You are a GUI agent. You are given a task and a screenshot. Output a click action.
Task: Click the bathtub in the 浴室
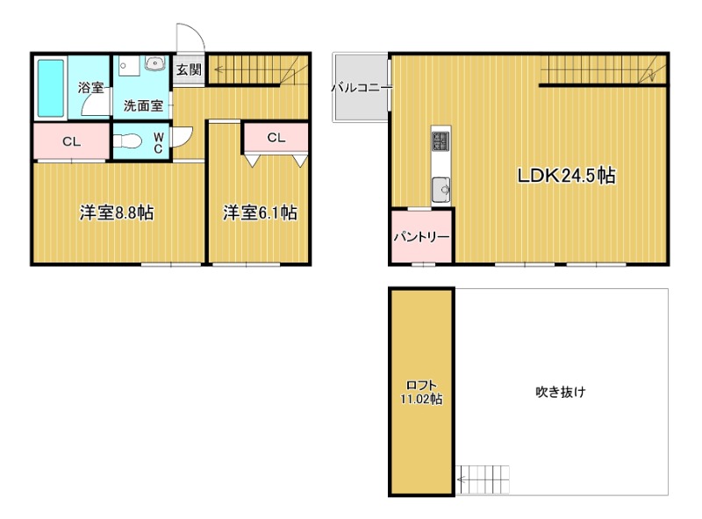click(x=51, y=89)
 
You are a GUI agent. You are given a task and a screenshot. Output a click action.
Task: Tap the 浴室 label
click(x=90, y=88)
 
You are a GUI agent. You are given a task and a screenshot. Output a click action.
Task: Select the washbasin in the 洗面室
click(x=155, y=63)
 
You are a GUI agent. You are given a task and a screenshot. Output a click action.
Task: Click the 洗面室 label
click(x=143, y=105)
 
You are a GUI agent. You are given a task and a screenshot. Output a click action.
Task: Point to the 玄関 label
click(x=189, y=69)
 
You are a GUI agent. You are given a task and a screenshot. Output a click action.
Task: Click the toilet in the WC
click(x=127, y=141)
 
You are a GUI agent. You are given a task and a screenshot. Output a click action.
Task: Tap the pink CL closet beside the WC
click(x=72, y=141)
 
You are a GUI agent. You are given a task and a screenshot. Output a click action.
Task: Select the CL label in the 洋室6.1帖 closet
click(x=276, y=138)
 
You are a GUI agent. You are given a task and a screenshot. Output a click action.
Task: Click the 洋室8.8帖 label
click(x=117, y=213)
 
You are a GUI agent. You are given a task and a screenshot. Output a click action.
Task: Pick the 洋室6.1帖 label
click(x=260, y=213)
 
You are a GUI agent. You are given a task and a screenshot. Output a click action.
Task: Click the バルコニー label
click(x=362, y=88)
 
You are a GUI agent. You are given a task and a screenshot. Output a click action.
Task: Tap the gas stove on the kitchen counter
click(x=441, y=141)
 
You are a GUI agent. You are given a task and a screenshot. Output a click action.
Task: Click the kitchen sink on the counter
click(x=441, y=190)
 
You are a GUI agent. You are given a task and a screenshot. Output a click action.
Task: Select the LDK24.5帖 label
click(x=566, y=176)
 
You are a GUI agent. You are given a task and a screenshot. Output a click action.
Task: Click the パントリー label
click(x=421, y=236)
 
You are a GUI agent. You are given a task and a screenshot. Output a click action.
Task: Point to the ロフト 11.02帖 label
click(x=421, y=393)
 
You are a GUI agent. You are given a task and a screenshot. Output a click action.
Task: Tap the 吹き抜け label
click(x=561, y=392)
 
